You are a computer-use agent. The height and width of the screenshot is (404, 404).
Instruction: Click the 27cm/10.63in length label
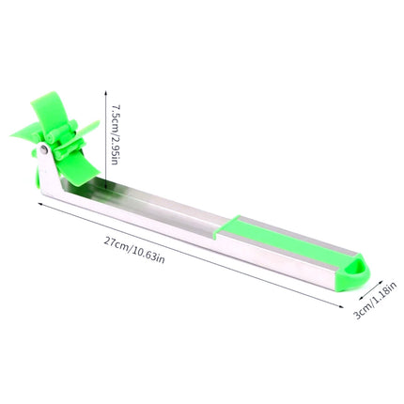134,250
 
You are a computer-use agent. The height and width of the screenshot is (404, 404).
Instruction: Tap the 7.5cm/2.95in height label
114,134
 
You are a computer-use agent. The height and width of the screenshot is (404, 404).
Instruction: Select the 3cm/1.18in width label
375,300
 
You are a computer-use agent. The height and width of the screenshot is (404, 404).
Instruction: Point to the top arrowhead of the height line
106,93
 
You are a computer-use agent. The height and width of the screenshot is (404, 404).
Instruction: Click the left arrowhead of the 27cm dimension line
40,204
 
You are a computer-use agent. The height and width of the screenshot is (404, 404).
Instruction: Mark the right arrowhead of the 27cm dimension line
340,306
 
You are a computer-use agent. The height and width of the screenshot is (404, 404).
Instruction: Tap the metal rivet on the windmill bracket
43,149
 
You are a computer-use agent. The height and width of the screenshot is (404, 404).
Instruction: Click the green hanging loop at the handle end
355,272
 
